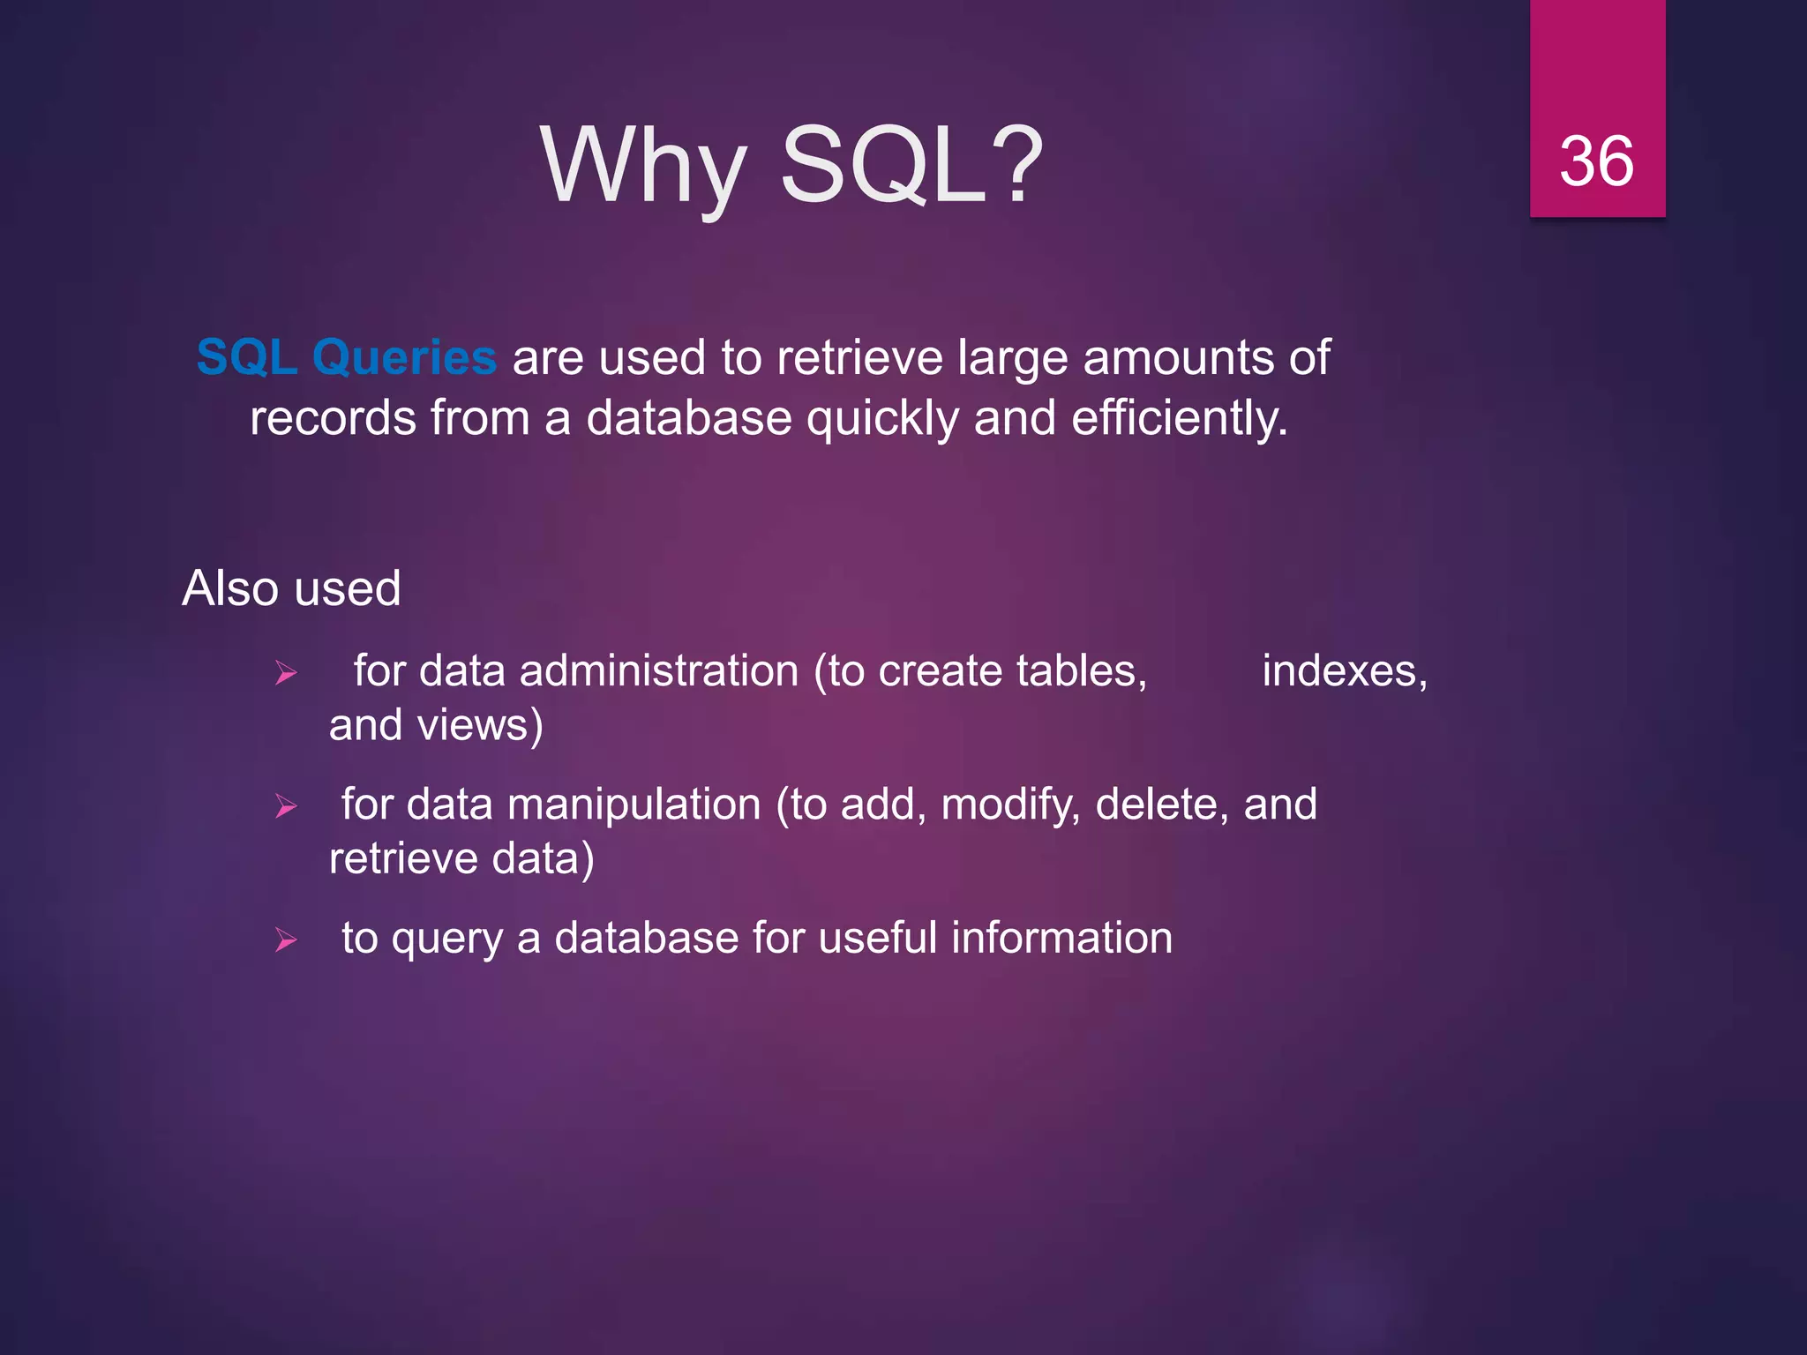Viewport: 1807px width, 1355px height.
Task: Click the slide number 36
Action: [x=1596, y=161]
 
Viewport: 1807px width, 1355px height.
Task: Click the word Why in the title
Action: [x=644, y=166]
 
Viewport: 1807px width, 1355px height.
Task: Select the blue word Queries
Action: [x=404, y=358]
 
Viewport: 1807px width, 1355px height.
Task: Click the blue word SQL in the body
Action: [x=246, y=358]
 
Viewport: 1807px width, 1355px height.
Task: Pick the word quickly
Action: [x=881, y=418]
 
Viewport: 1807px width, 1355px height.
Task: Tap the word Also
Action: [x=231, y=588]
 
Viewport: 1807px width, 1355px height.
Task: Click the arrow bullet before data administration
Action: [x=286, y=675]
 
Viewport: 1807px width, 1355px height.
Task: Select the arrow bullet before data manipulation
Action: [x=286, y=806]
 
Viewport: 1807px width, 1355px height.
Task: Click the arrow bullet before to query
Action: [x=286, y=940]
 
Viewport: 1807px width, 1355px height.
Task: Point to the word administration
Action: [x=658, y=671]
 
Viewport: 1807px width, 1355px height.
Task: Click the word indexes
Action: [x=1343, y=671]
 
